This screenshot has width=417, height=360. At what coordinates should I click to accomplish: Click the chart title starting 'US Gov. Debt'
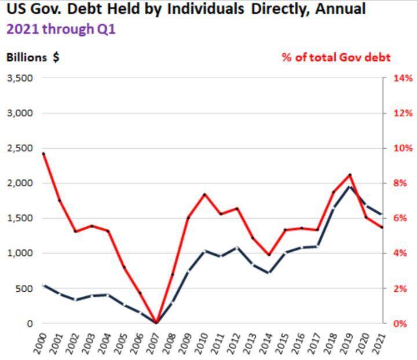click(x=186, y=10)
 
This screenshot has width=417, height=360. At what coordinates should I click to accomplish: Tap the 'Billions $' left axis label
click(x=33, y=57)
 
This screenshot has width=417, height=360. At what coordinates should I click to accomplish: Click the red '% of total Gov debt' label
click(x=336, y=57)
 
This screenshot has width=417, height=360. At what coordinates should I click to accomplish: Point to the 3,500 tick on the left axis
click(x=20, y=78)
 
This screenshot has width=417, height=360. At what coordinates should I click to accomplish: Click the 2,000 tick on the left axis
click(x=20, y=183)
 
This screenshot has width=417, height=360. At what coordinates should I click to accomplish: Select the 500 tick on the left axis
click(x=23, y=288)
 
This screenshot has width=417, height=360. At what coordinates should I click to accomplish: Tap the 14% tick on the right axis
click(x=404, y=78)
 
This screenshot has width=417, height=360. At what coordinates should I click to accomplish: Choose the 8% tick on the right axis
click(x=404, y=183)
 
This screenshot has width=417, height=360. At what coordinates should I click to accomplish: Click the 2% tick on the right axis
click(x=404, y=288)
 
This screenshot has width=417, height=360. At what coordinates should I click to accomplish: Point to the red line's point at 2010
click(x=204, y=194)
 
